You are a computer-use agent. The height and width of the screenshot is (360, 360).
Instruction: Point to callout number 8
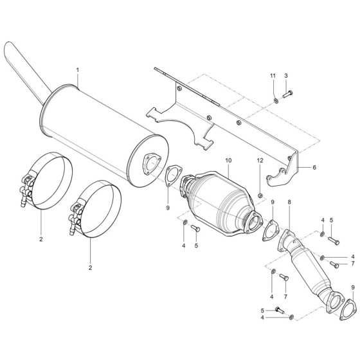coord(289,203)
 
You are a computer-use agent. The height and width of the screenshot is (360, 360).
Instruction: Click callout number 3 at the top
coord(285,76)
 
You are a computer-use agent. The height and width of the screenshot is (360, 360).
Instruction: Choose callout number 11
coord(273,76)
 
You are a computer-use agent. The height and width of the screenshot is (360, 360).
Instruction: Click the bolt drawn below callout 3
coord(285,96)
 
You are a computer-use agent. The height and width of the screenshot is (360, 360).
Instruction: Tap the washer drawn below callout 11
coord(275,99)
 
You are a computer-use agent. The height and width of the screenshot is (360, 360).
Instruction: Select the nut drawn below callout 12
coord(261,194)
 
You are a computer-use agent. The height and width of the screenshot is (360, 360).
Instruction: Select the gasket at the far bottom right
coord(348,309)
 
